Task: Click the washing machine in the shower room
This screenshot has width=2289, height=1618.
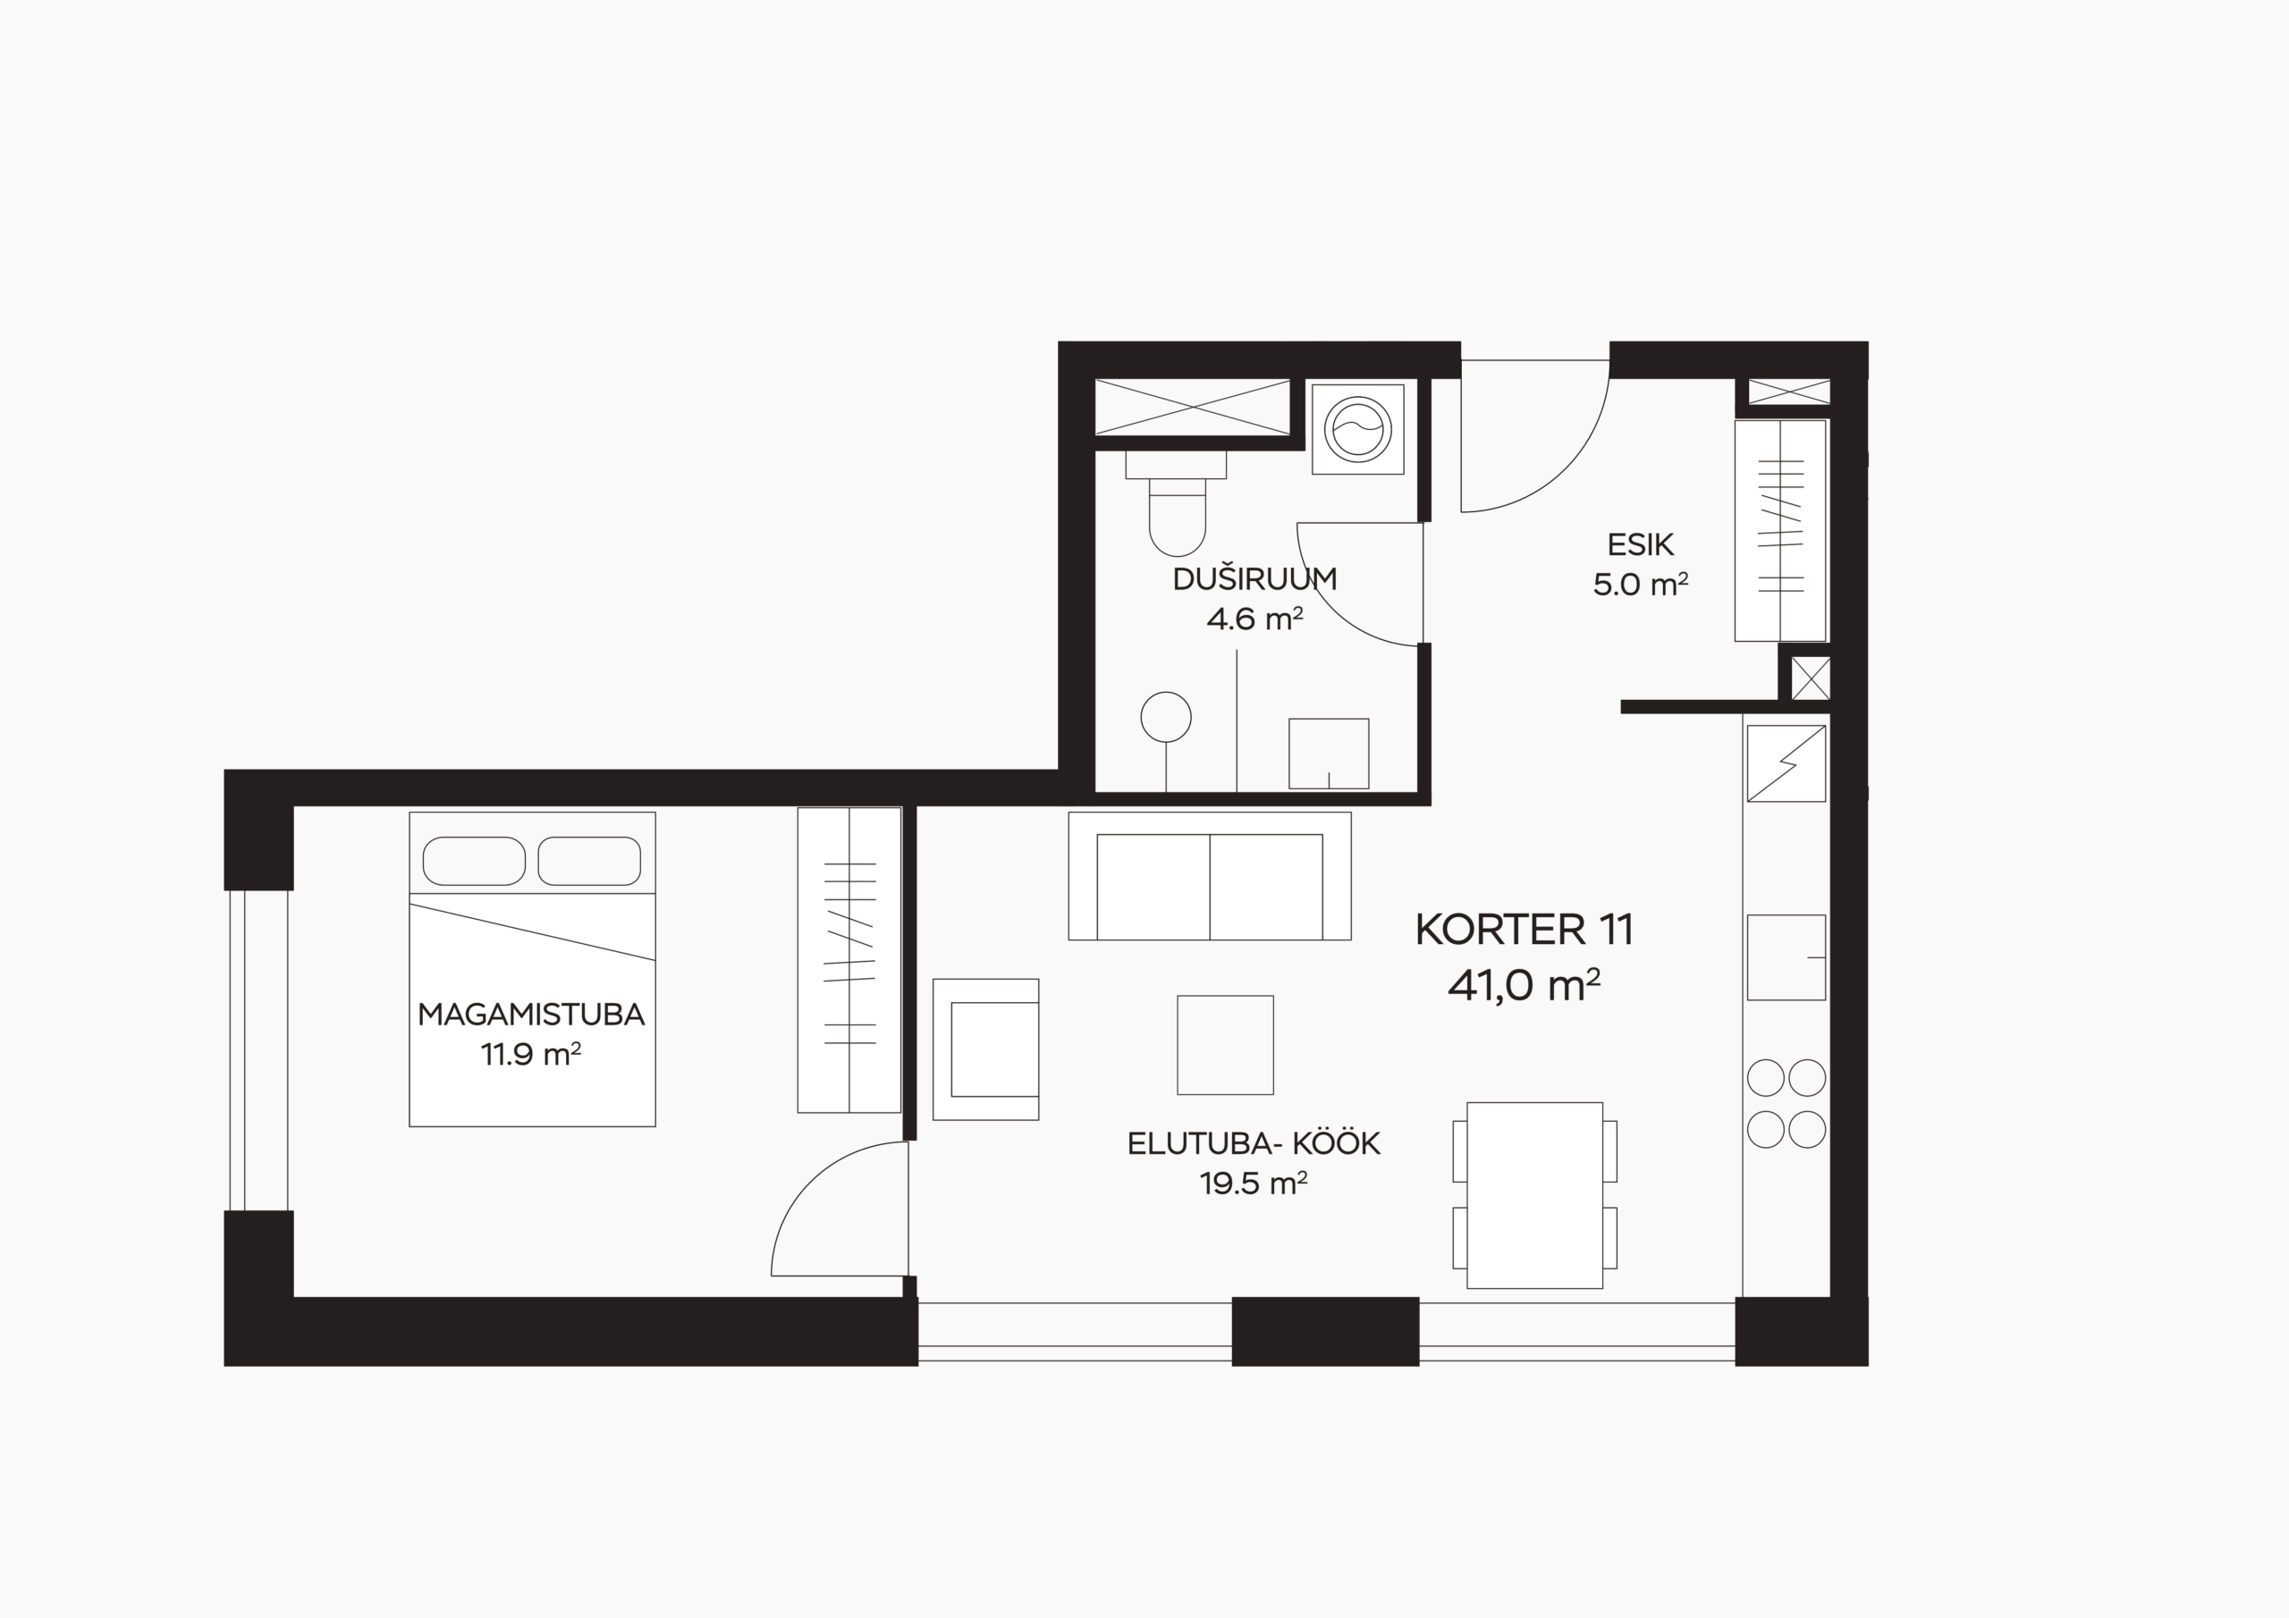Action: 1358,429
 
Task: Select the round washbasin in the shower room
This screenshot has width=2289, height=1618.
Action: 1165,717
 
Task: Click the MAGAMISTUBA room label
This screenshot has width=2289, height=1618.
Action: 531,1015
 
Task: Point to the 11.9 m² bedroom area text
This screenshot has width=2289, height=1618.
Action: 531,1054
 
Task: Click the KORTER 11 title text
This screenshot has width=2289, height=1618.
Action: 1525,930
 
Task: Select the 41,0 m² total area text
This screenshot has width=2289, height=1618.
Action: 1525,985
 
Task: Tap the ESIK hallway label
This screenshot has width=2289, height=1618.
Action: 1640,544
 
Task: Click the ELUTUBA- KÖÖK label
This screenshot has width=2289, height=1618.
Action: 1254,1143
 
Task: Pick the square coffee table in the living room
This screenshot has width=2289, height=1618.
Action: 1225,1045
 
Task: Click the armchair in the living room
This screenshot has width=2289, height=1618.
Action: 986,1049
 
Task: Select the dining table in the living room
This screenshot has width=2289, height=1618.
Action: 1534,1195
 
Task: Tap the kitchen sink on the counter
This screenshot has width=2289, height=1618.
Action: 1786,957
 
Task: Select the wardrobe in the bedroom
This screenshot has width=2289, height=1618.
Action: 849,959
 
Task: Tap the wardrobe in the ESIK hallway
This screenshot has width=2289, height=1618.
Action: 1779,530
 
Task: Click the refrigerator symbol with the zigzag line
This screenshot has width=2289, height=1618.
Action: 1786,763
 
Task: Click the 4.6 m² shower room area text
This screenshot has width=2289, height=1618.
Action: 1254,619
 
